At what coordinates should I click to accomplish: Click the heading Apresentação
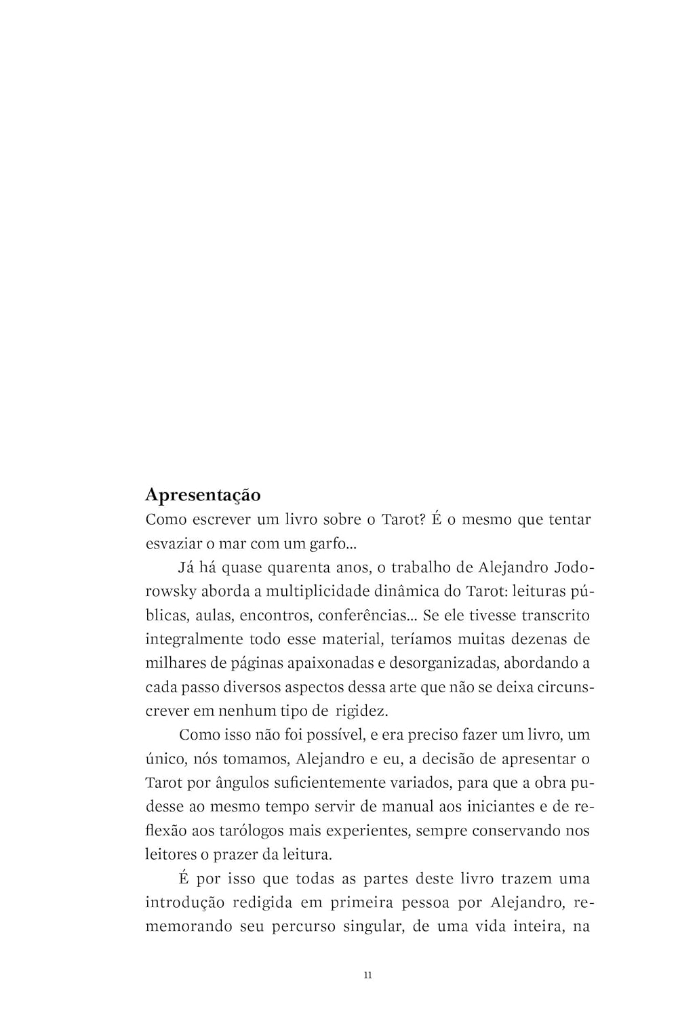203,495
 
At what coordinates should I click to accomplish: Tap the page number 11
367,975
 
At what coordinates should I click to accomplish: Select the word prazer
240,854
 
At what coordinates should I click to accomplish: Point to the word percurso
304,926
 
